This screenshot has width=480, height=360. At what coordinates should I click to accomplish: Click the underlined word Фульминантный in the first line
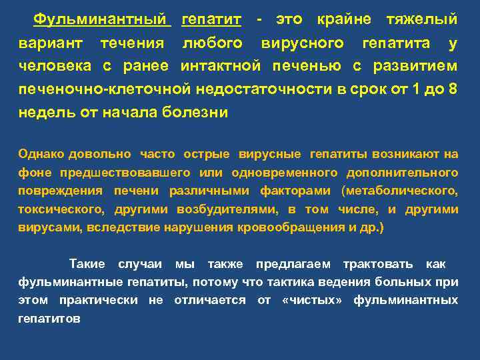point(102,19)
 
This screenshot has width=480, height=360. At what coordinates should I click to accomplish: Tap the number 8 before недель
point(453,89)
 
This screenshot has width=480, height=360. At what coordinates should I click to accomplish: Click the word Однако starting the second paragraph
point(41,154)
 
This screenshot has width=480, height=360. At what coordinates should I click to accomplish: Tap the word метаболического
point(400,191)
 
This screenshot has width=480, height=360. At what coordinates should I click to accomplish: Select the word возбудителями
point(227,209)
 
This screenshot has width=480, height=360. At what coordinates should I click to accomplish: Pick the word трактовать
point(378,264)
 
